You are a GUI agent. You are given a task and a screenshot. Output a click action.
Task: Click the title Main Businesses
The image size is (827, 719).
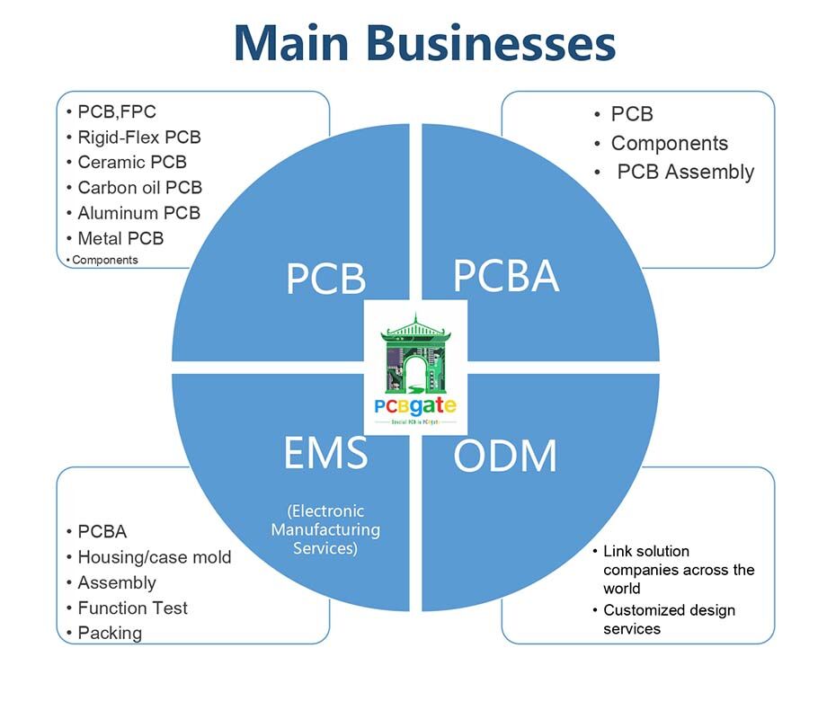pyautogui.click(x=423, y=43)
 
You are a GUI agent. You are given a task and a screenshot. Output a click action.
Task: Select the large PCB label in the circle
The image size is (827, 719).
pyautogui.click(x=325, y=279)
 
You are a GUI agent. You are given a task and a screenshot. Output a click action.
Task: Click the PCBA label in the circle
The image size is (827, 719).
pyautogui.click(x=505, y=275)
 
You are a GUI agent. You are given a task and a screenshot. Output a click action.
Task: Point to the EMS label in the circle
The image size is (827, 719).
pyautogui.click(x=325, y=454)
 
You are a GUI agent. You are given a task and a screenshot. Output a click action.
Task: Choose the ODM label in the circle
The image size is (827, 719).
pyautogui.click(x=505, y=457)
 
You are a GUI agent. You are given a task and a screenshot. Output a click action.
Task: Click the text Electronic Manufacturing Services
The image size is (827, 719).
pyautogui.click(x=325, y=529)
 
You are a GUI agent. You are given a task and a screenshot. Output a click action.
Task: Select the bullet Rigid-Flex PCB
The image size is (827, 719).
pyautogui.click(x=139, y=138)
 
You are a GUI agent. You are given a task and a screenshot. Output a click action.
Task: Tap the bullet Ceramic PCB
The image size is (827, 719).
pyautogui.click(x=132, y=163)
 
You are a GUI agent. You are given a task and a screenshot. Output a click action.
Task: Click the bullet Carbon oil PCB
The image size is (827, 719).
pyautogui.click(x=139, y=188)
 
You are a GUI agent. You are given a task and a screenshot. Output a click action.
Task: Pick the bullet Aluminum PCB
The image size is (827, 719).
pyautogui.click(x=138, y=213)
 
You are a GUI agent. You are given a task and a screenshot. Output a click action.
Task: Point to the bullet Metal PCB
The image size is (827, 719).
pyautogui.click(x=120, y=238)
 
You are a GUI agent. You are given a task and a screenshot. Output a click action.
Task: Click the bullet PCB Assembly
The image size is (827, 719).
pyautogui.click(x=685, y=172)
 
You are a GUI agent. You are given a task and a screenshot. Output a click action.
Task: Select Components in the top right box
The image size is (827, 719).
pyautogui.click(x=669, y=143)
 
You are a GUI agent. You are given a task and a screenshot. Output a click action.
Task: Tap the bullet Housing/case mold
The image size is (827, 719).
pyautogui.click(x=154, y=557)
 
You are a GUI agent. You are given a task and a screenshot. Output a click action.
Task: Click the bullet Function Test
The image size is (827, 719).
pyautogui.click(x=132, y=608)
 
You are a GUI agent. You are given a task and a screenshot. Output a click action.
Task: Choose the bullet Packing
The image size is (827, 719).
pyautogui.click(x=110, y=633)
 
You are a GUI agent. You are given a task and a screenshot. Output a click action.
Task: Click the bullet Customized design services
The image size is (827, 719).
pyautogui.click(x=668, y=619)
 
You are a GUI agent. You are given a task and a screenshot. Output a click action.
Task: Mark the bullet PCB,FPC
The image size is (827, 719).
pyautogui.click(x=116, y=112)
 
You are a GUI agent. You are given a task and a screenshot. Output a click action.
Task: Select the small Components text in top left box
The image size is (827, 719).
pyautogui.click(x=104, y=260)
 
